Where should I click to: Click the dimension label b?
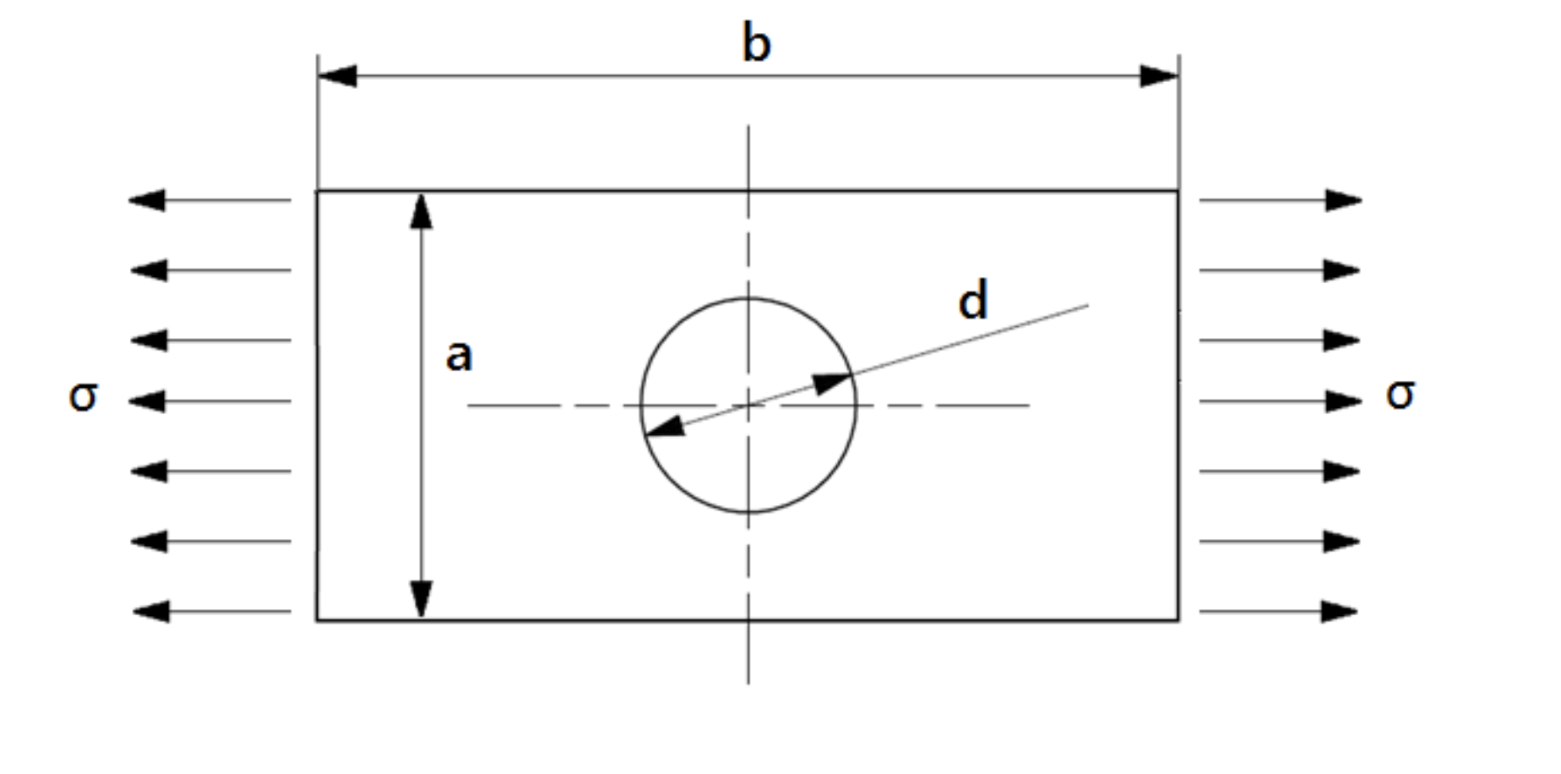tap(756, 44)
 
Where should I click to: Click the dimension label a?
tap(459, 356)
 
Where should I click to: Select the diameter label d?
tap(973, 301)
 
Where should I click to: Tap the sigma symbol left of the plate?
tap(83, 395)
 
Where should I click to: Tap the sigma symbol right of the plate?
tap(1400, 394)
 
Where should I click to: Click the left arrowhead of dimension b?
tap(336, 76)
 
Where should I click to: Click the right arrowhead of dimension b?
tap(1160, 76)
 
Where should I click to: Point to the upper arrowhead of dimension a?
tap(421, 211)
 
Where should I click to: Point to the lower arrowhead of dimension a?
tap(421, 599)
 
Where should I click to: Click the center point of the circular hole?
tap(748, 406)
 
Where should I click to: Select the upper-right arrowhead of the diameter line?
tap(833, 382)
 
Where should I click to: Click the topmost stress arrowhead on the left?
tap(147, 200)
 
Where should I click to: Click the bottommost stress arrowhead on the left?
tap(151, 611)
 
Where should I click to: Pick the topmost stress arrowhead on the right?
tap(1343, 200)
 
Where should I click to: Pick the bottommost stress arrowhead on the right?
tap(1340, 611)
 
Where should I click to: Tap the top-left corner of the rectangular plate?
tap(318, 192)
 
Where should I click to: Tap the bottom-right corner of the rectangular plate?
tap(1178, 620)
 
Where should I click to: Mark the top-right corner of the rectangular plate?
tap(1178, 192)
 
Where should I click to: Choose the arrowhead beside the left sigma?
tap(147, 401)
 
